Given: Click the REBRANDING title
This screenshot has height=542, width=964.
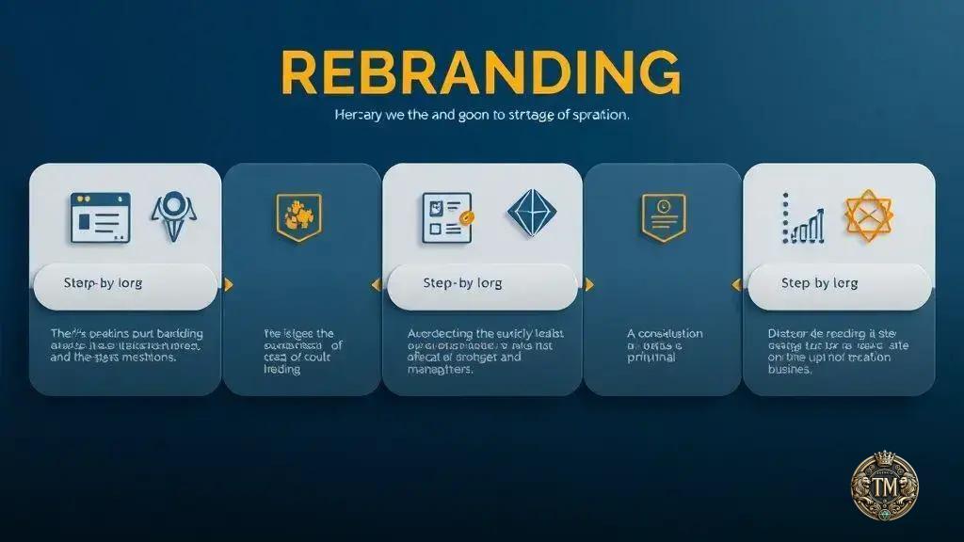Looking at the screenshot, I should (480, 72).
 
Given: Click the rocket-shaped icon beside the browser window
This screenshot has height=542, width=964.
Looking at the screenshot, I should (173, 215).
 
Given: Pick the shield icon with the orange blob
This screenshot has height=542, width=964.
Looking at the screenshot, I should (298, 215).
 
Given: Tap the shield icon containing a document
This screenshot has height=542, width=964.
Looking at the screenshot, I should (663, 216).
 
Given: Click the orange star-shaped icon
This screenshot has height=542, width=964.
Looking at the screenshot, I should (867, 215).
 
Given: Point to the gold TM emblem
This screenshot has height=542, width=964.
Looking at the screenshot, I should (885, 489).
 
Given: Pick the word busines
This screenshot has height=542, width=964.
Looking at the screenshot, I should (791, 370).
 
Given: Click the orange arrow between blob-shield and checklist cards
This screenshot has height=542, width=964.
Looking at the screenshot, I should (376, 284).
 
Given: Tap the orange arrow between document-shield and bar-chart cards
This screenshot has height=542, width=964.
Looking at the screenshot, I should (734, 284).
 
